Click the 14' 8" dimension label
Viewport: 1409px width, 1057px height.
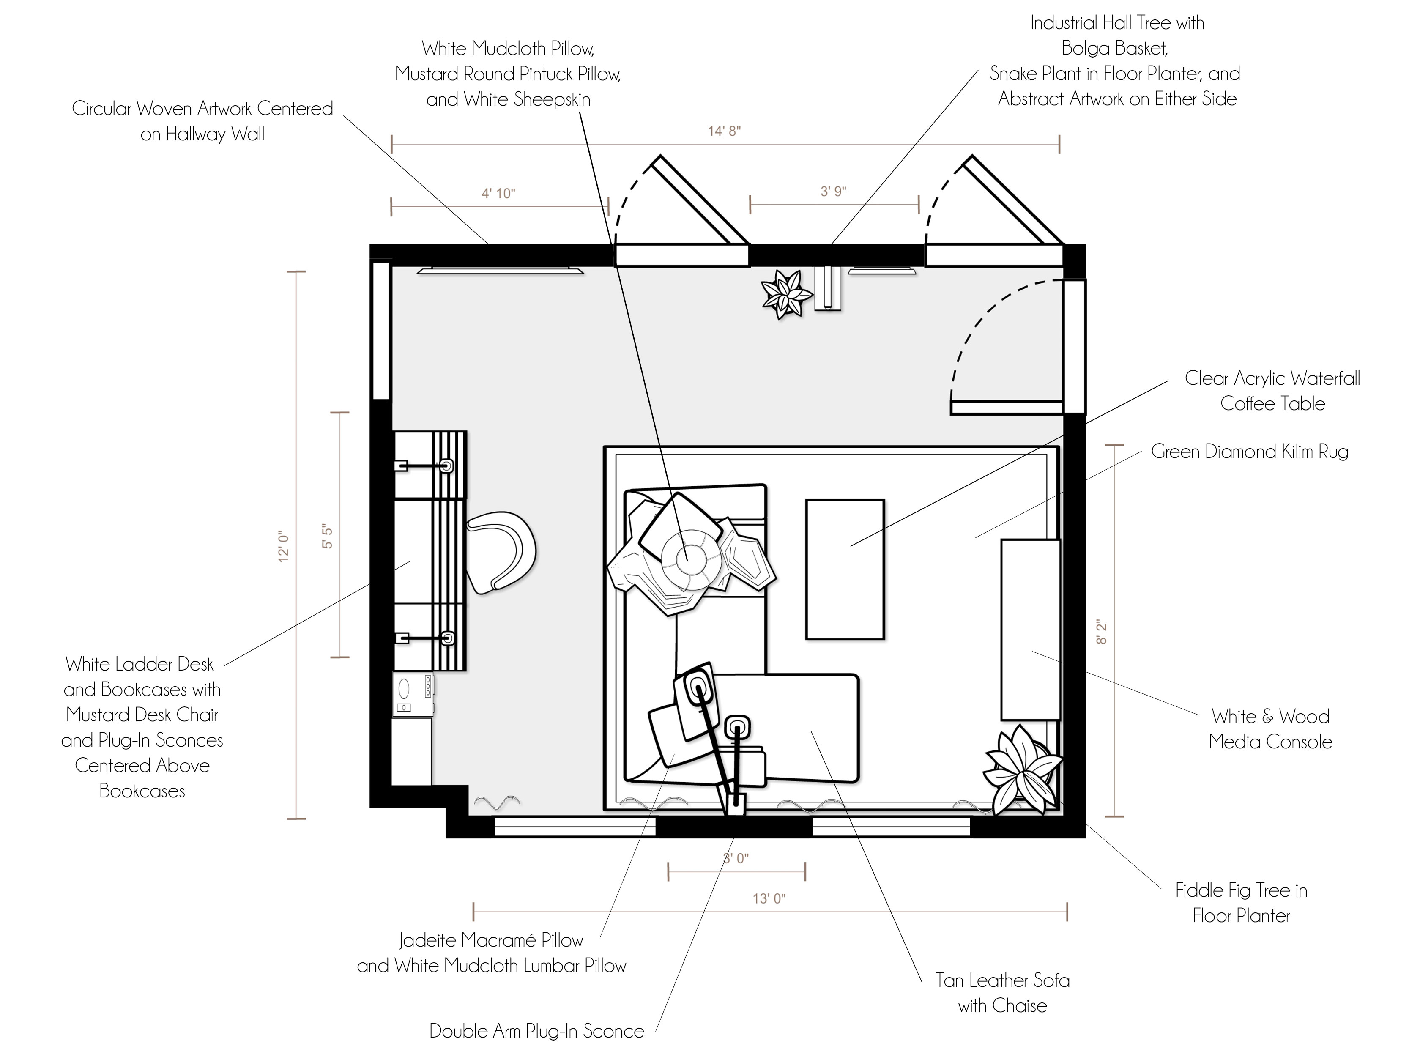pos(724,131)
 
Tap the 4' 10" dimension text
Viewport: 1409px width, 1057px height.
pos(498,193)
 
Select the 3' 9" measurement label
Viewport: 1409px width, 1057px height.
pos(833,191)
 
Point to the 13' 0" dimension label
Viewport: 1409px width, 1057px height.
pos(769,898)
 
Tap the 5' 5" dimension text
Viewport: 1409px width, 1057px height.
pos(327,537)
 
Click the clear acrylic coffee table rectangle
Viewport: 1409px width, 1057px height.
pos(845,569)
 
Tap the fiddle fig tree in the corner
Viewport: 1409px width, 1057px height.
pos(1022,771)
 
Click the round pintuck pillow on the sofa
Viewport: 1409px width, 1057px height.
pos(686,559)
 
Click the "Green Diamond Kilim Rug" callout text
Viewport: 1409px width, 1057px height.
pos(1250,451)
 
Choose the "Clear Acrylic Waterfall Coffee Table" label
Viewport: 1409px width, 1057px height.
pos(1272,391)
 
